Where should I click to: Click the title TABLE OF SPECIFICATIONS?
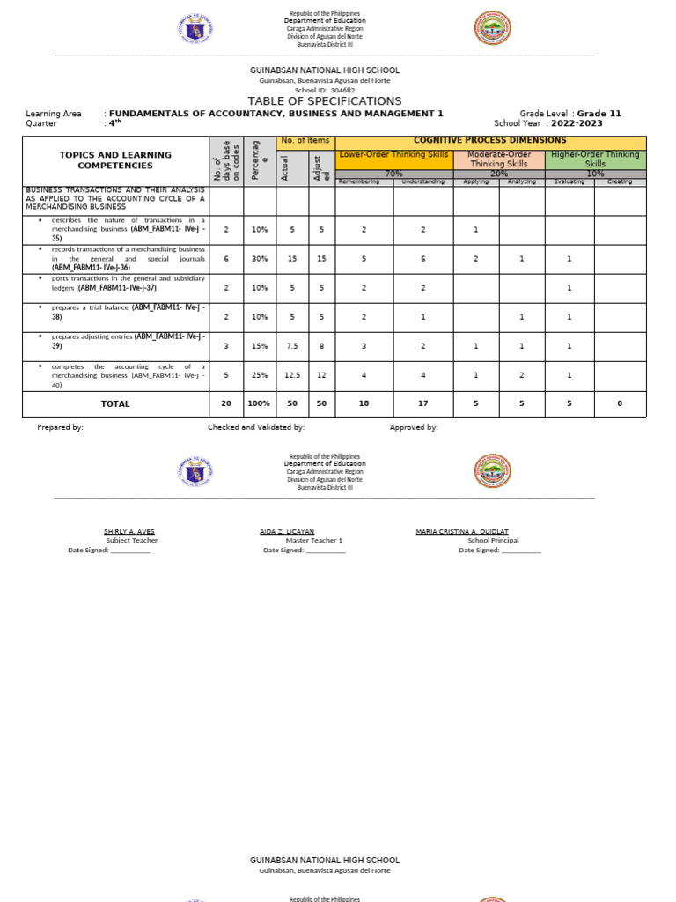(x=325, y=101)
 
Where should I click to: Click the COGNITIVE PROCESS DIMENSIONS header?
(x=491, y=141)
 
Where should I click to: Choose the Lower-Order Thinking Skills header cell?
(x=394, y=155)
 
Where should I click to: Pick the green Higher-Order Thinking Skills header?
(x=596, y=159)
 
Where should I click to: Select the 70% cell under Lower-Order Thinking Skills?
(x=394, y=174)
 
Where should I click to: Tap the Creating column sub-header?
(x=620, y=181)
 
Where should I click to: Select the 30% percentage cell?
(x=260, y=259)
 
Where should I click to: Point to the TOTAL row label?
(x=115, y=404)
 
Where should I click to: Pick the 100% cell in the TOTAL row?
(x=260, y=404)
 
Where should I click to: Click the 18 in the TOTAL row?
(x=364, y=404)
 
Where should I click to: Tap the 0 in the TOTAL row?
(x=620, y=404)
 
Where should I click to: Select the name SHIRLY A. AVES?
(x=129, y=531)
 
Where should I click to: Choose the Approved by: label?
(x=414, y=427)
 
